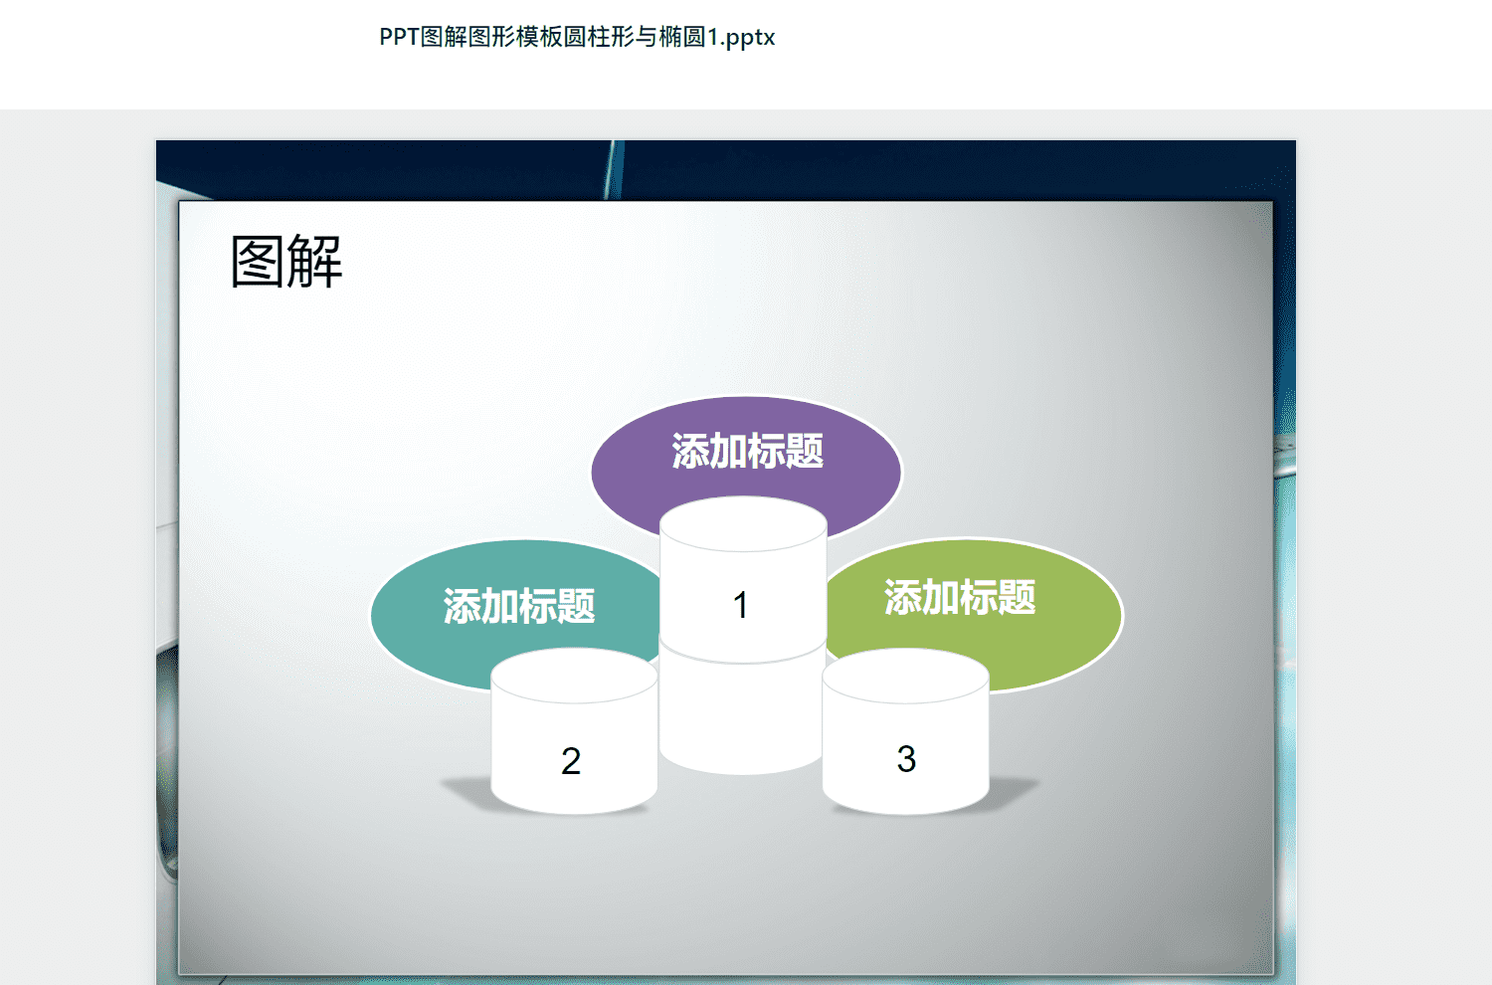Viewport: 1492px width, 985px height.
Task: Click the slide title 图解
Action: click(286, 262)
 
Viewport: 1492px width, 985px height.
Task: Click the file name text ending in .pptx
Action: click(577, 38)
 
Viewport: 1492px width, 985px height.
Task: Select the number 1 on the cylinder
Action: click(740, 605)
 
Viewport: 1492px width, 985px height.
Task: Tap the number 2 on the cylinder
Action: click(571, 761)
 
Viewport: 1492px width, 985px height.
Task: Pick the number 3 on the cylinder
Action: click(906, 759)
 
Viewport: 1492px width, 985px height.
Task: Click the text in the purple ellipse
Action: click(747, 451)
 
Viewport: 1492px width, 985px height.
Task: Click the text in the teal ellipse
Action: click(519, 607)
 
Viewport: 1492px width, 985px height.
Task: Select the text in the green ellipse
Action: click(960, 597)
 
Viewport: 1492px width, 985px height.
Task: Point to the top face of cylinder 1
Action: click(743, 523)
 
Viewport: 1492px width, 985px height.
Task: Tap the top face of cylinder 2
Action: click(574, 676)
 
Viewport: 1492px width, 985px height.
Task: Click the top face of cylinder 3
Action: click(906, 676)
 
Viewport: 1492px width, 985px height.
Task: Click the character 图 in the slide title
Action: click(257, 262)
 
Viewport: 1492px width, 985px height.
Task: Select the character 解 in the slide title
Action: click(315, 262)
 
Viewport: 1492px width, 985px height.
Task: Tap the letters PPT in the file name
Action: click(399, 37)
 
